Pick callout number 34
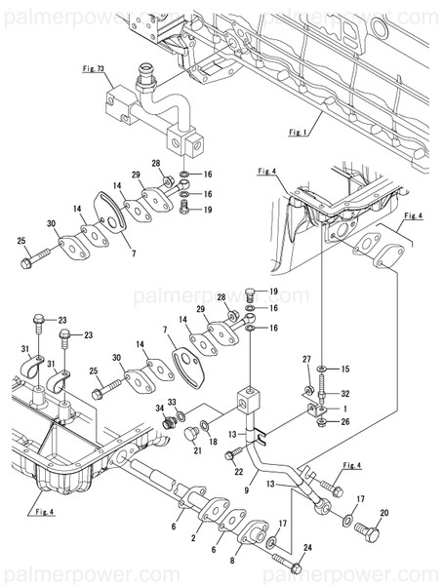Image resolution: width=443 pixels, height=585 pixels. point(159,409)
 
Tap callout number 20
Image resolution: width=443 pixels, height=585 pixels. point(383,514)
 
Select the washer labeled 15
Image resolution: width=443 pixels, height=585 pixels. point(324,370)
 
